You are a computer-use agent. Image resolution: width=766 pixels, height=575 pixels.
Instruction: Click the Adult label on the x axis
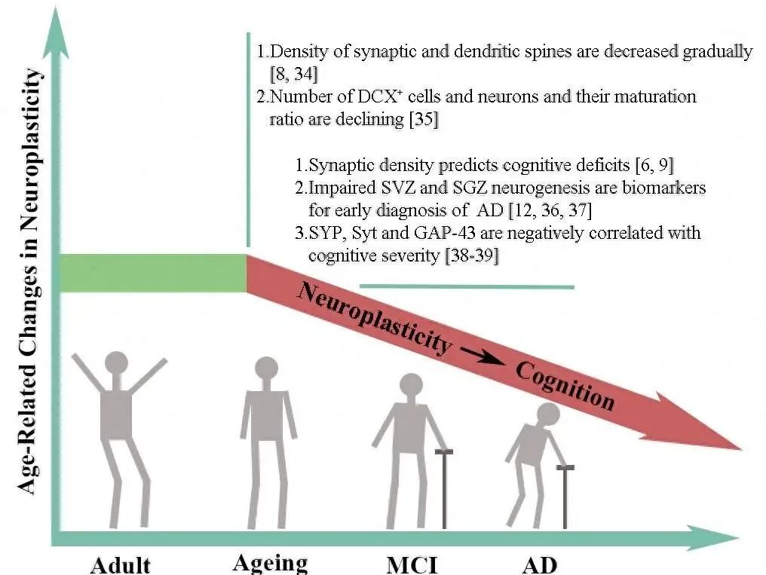(121, 564)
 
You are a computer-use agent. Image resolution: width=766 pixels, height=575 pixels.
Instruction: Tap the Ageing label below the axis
(270, 561)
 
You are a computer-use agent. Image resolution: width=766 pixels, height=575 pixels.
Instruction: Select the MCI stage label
(412, 564)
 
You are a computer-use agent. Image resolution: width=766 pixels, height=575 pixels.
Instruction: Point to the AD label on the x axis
(539, 564)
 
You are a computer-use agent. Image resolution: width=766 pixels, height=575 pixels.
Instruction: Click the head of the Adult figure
(117, 365)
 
